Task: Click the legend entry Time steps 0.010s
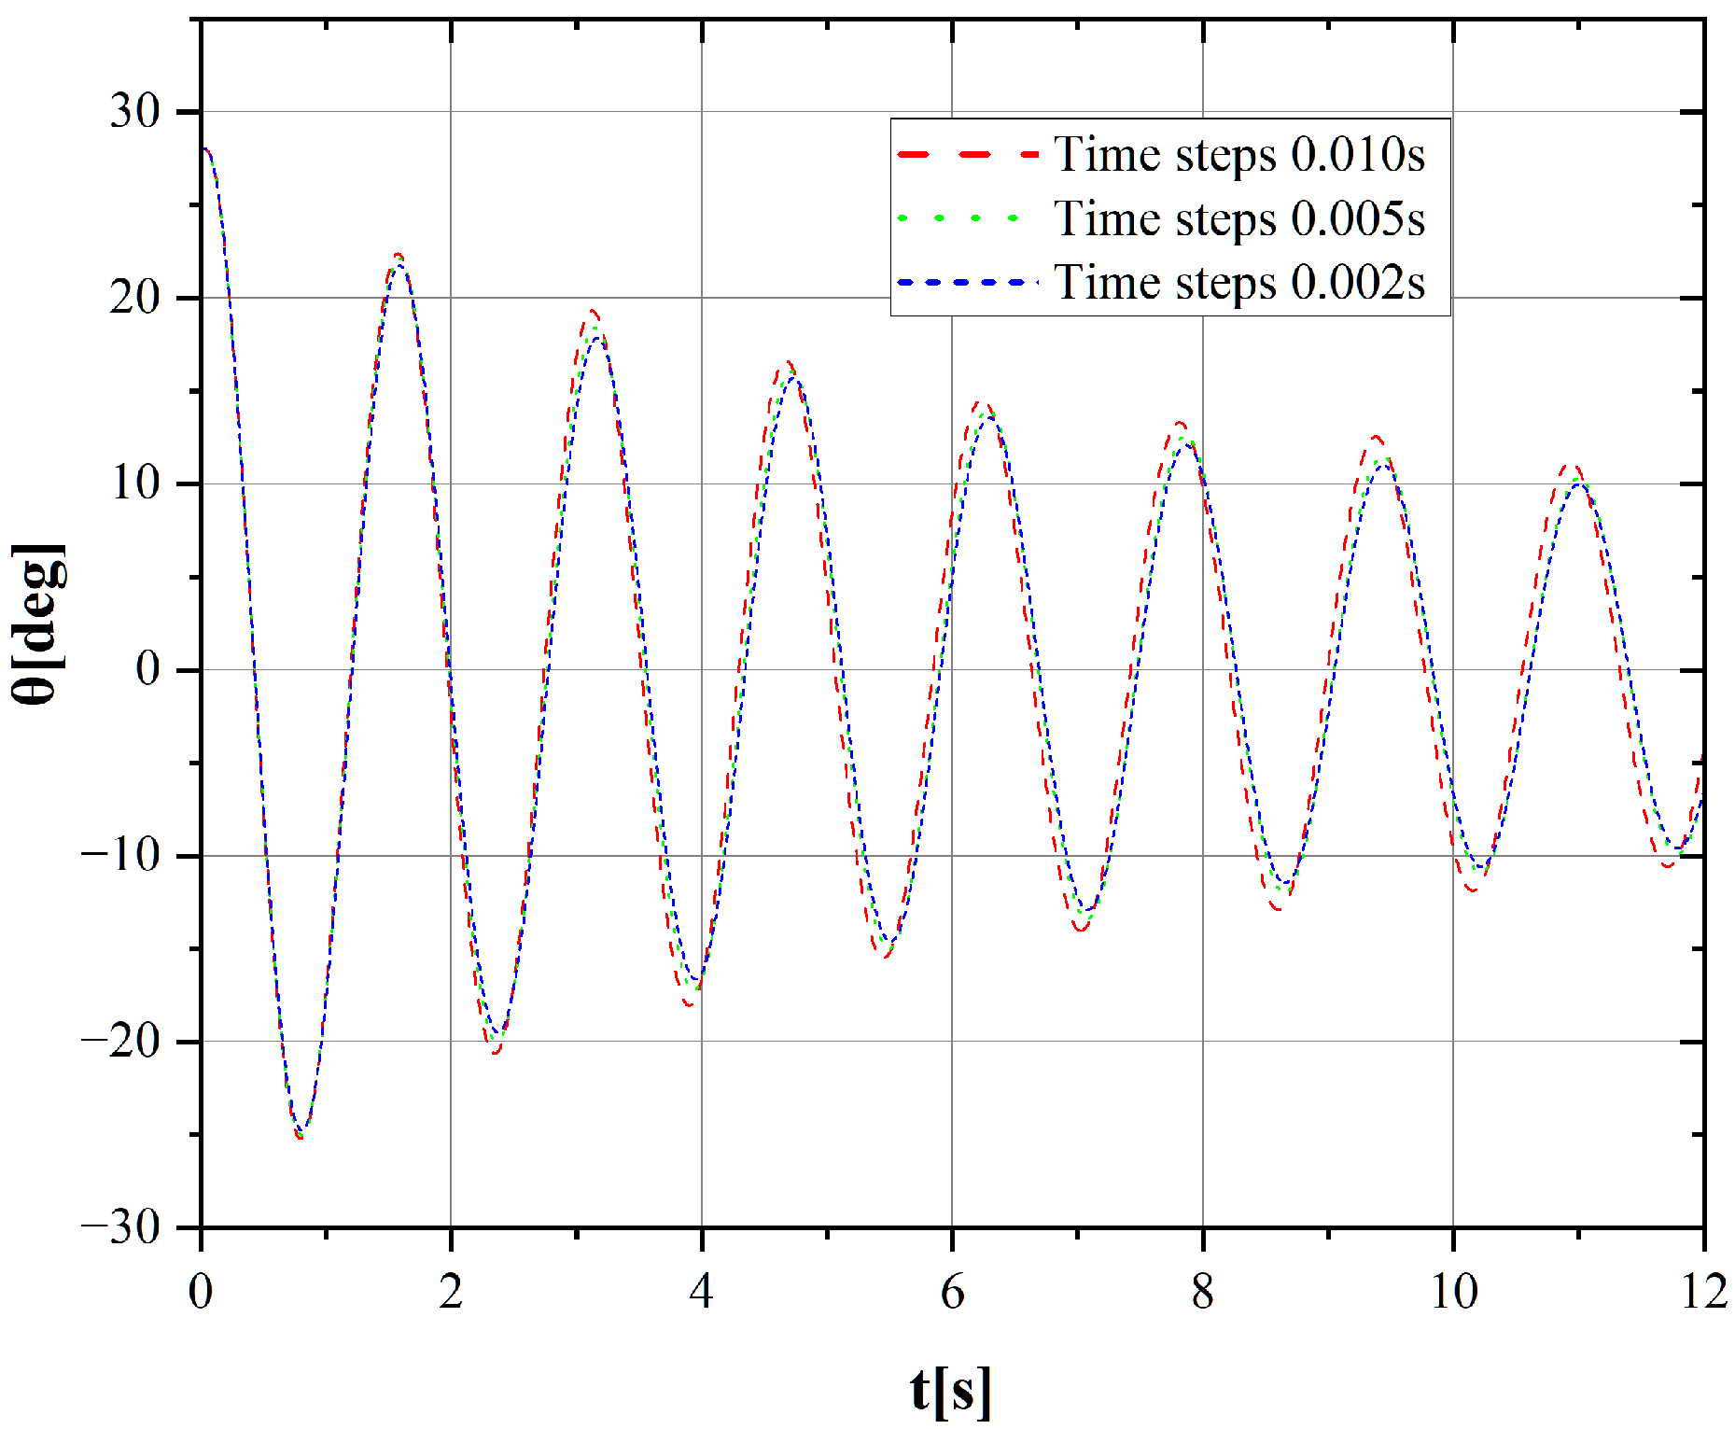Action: click(x=1239, y=155)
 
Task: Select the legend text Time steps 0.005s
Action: click(x=1239, y=219)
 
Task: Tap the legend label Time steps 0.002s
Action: click(x=1239, y=283)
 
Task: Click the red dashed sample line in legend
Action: click(x=968, y=154)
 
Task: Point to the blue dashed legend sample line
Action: click(x=968, y=282)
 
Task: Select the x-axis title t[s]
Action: click(x=951, y=1390)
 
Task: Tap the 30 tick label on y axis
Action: click(x=135, y=112)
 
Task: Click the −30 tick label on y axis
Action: click(x=120, y=1227)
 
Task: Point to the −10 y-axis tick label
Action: click(x=120, y=855)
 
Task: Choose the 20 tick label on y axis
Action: click(x=135, y=298)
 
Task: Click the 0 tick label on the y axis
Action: click(x=147, y=669)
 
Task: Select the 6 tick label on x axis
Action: click(x=952, y=1292)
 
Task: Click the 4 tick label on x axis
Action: click(x=701, y=1292)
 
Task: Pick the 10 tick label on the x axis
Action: click(x=1453, y=1292)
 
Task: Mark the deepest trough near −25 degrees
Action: click(x=301, y=1133)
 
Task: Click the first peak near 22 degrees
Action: click(x=399, y=259)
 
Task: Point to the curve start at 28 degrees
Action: click(x=203, y=149)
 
